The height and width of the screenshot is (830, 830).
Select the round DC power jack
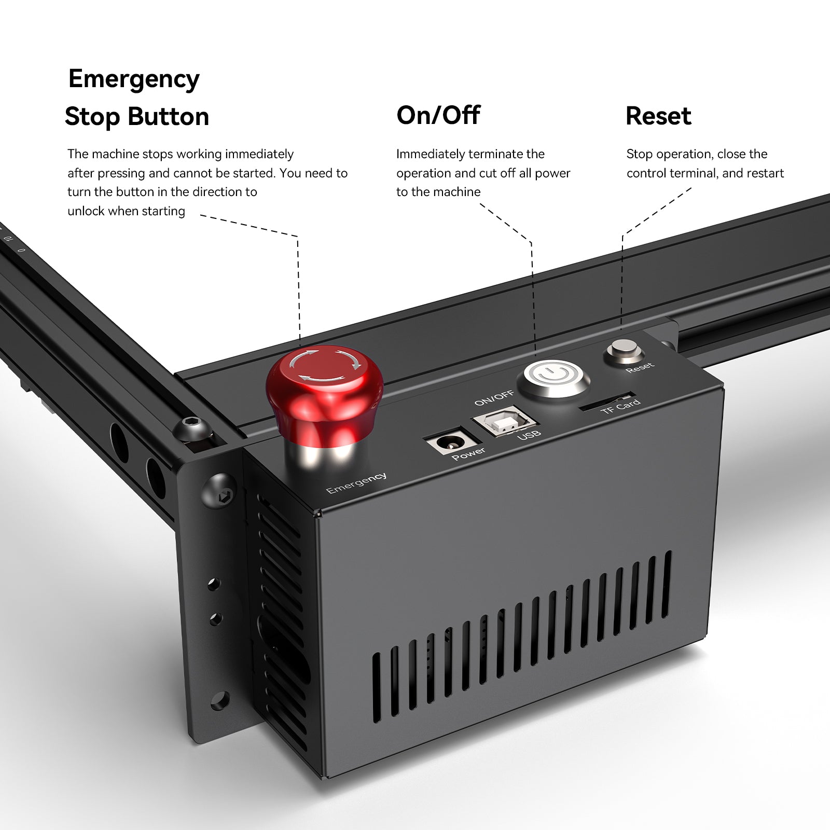click(450, 442)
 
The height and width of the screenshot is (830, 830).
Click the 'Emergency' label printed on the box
click(356, 483)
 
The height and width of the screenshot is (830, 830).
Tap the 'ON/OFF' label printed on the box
click(494, 398)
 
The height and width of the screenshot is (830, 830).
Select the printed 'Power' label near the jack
click(468, 453)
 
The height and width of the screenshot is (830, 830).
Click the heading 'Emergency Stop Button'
click(136, 98)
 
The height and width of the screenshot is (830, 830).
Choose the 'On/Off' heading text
click(438, 115)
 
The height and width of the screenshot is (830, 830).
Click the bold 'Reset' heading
click(658, 116)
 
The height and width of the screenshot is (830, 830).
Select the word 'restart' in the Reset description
click(765, 173)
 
